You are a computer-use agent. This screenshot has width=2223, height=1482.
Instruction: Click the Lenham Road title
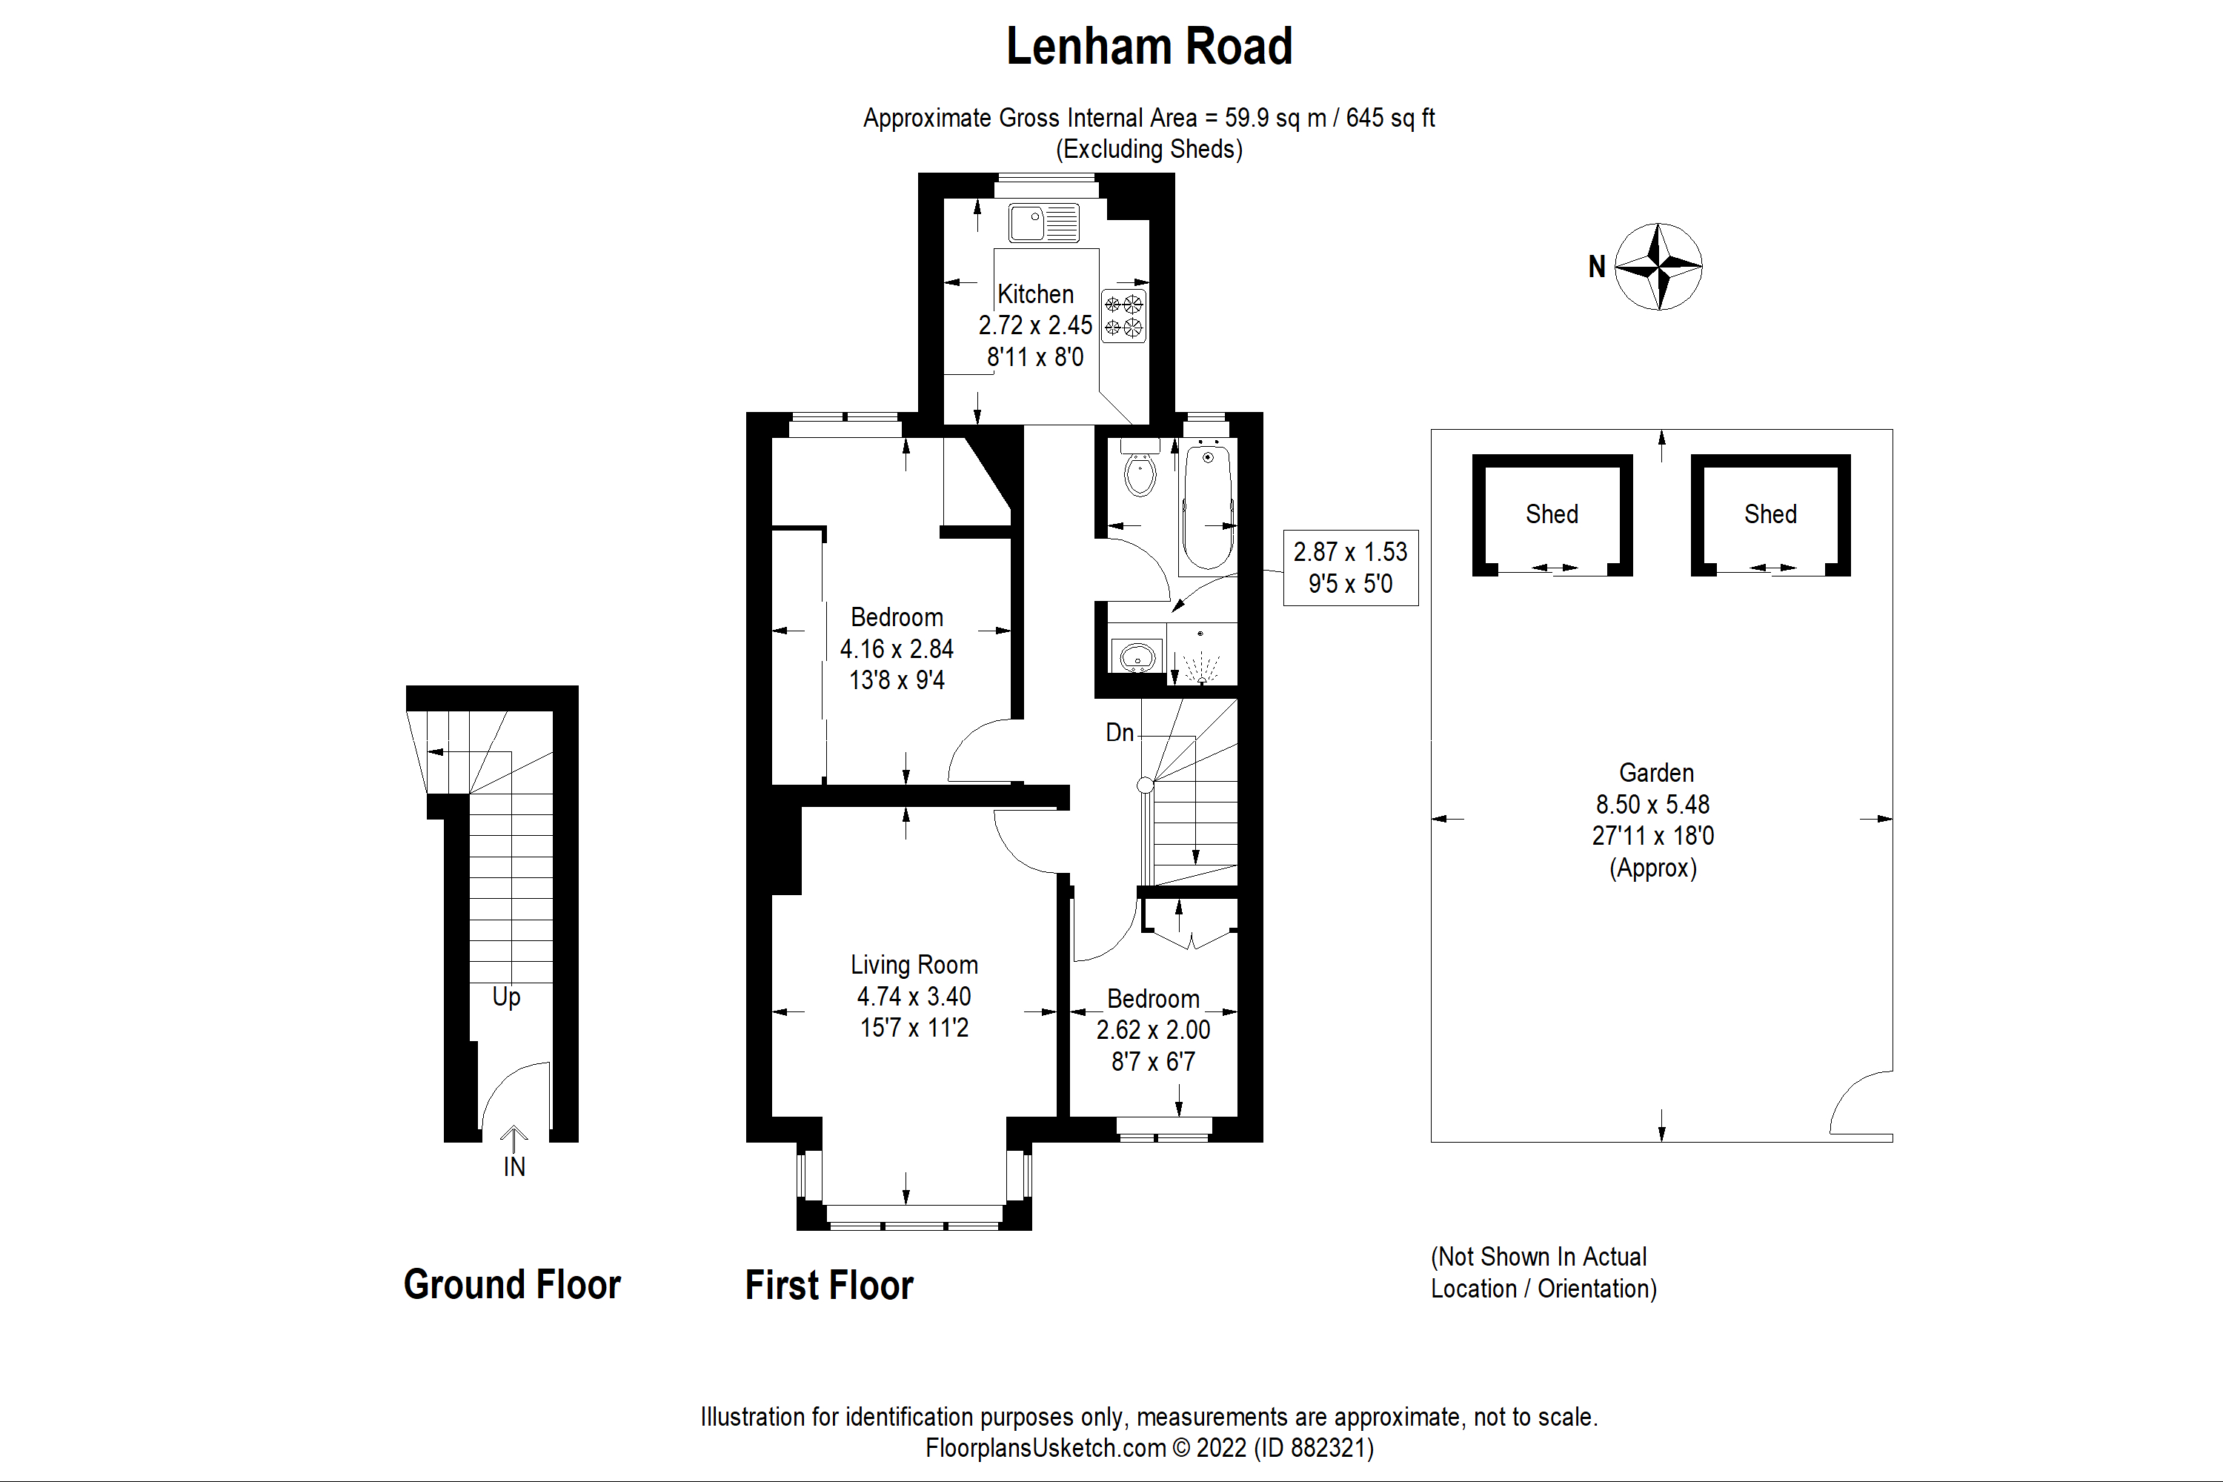[x=1149, y=47]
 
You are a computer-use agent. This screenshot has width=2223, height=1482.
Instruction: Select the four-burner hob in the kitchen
[x=1124, y=316]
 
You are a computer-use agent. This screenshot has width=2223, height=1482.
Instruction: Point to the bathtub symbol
[x=1207, y=507]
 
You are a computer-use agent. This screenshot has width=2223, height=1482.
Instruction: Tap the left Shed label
[x=1551, y=514]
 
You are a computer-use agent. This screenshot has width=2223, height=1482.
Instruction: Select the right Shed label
[x=1770, y=514]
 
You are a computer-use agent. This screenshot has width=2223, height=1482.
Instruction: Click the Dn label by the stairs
[x=1119, y=733]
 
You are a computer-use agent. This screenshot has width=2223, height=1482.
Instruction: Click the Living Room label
[x=913, y=965]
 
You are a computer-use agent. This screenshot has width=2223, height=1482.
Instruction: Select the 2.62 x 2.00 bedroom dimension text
[x=1152, y=1030]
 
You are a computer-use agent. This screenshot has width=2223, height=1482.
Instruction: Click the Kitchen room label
[x=1035, y=294]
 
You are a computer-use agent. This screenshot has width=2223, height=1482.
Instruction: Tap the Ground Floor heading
[x=511, y=1284]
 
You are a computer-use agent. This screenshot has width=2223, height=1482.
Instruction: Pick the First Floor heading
[x=829, y=1286]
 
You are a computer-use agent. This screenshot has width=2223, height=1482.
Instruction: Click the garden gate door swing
[x=1860, y=1103]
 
